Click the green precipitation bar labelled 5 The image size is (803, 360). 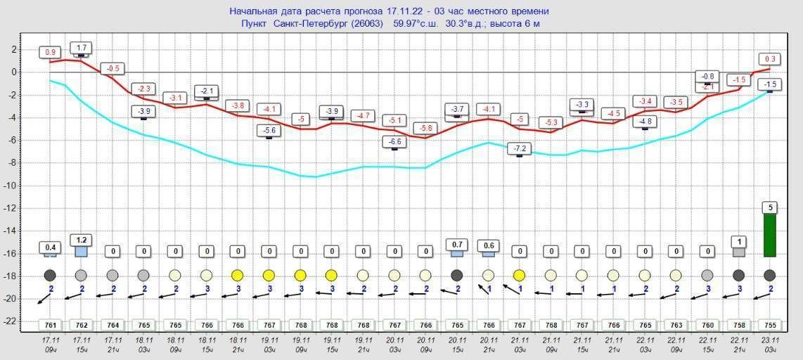coord(769,235)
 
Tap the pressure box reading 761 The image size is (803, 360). coord(51,326)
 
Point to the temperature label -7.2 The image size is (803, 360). coord(520,148)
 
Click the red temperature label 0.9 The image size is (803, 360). coord(51,53)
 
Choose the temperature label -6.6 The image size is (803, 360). coord(394,141)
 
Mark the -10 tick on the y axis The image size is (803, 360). coord(12,186)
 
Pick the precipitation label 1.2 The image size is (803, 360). coord(82,239)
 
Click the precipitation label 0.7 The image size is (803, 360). coord(457,244)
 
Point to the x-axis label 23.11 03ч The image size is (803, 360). coord(769,344)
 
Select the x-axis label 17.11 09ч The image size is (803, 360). coord(51,344)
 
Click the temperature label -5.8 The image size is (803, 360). coord(425,128)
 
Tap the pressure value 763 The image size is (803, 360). coord(676,326)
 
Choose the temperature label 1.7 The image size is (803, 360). coord(82,48)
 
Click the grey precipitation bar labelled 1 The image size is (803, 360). coord(738,252)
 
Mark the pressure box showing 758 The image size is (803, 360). coord(738,326)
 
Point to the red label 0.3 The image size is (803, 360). coord(769,59)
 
